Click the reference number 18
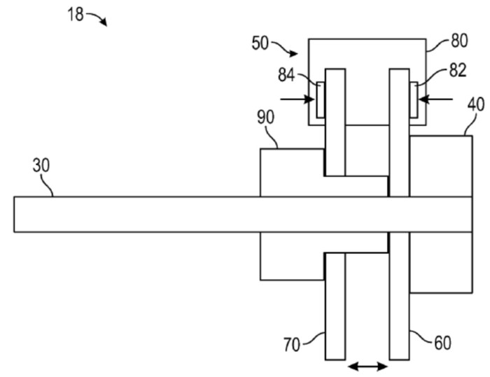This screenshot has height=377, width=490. click(x=76, y=15)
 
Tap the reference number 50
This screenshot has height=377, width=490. click(x=260, y=43)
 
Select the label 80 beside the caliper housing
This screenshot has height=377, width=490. click(x=459, y=41)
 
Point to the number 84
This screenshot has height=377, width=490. click(x=286, y=75)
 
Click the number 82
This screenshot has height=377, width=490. click(x=458, y=71)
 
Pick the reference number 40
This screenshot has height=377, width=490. click(x=476, y=105)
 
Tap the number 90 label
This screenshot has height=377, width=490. click(x=265, y=118)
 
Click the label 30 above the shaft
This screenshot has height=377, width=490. click(x=41, y=166)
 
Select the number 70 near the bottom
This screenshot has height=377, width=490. click(x=292, y=345)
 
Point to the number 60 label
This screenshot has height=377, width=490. click(x=443, y=343)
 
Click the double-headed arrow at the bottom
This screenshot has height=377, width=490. click(x=367, y=367)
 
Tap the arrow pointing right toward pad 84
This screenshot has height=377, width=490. click(x=297, y=99)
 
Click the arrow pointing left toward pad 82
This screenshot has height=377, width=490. click(x=435, y=99)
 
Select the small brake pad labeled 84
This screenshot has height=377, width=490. click(x=321, y=100)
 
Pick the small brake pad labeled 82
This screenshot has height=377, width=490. click(x=414, y=100)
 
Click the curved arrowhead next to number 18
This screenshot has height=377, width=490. click(x=104, y=22)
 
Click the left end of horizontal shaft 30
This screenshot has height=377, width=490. click(x=14, y=214)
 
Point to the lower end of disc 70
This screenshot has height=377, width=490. click(x=335, y=360)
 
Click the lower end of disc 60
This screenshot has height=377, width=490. click(x=400, y=360)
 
